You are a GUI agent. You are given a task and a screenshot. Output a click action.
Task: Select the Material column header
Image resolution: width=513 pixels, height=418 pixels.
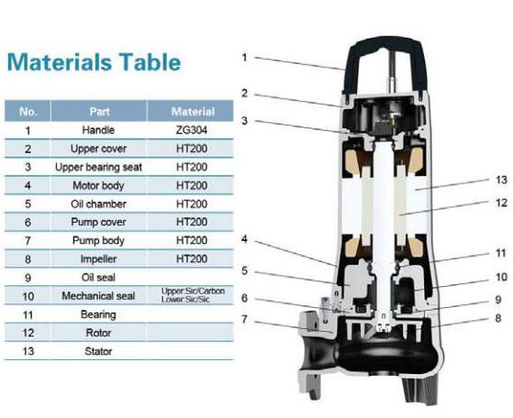[193, 112]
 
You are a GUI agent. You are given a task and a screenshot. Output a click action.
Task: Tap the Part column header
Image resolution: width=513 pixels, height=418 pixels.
[99, 112]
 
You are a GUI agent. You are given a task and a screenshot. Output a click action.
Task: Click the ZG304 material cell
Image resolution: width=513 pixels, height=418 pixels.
[192, 130]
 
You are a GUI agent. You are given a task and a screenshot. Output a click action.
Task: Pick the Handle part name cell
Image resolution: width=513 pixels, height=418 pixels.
[98, 130]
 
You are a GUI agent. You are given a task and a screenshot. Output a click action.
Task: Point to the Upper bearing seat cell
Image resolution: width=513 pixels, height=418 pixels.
[98, 168]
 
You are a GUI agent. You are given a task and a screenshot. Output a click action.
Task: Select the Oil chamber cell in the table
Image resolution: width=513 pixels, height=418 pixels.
[98, 204]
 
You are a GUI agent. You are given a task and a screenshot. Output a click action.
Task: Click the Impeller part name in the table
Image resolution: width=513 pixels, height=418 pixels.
[98, 259]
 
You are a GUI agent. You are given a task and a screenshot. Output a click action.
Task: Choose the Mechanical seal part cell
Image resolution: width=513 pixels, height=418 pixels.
[98, 296]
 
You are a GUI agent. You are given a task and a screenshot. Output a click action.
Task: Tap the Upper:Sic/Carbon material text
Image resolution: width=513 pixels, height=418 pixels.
[193, 291]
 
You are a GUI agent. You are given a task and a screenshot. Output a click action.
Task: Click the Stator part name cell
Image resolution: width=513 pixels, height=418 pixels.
[98, 351]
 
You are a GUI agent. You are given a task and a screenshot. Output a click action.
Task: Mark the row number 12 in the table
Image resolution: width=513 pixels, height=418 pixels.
[28, 333]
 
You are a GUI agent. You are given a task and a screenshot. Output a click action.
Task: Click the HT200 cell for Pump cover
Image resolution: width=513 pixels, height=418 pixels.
[192, 222]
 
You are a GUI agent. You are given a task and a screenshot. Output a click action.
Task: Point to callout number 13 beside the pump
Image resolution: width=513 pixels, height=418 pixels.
[501, 180]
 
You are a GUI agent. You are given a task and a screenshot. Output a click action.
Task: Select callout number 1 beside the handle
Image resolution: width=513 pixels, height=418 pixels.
[244, 58]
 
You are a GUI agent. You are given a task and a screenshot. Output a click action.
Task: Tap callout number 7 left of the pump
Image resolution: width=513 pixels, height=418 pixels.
[244, 319]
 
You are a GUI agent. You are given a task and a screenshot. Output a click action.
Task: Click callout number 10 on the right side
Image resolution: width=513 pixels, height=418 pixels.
[501, 277]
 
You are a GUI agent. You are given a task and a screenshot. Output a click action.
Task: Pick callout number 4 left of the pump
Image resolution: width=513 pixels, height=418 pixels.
[244, 239]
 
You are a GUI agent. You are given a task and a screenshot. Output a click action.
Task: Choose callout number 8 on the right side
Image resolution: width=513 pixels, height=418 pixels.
[498, 318]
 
